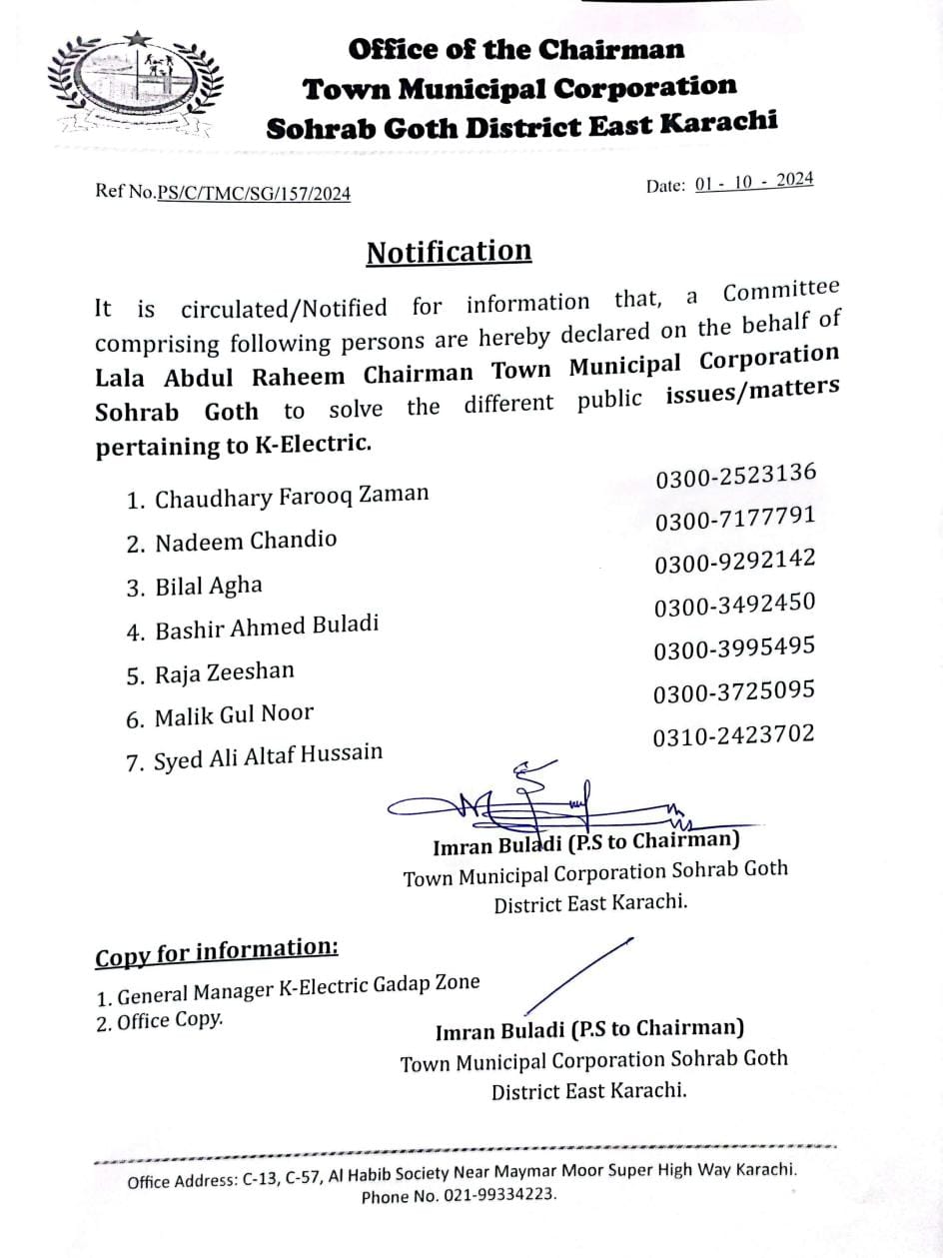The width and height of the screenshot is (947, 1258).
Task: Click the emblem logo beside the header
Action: [133, 85]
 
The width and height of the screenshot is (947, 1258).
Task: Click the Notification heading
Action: [449, 252]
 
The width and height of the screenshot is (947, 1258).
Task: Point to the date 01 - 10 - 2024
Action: [755, 182]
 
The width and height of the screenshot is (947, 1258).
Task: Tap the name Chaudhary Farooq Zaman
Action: [291, 496]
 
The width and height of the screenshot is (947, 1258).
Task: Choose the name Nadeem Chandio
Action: [245, 542]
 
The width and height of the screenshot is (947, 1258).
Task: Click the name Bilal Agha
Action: [208, 587]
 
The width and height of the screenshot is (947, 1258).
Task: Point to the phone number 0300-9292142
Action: [735, 562]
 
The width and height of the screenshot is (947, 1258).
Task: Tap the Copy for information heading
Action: [217, 952]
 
